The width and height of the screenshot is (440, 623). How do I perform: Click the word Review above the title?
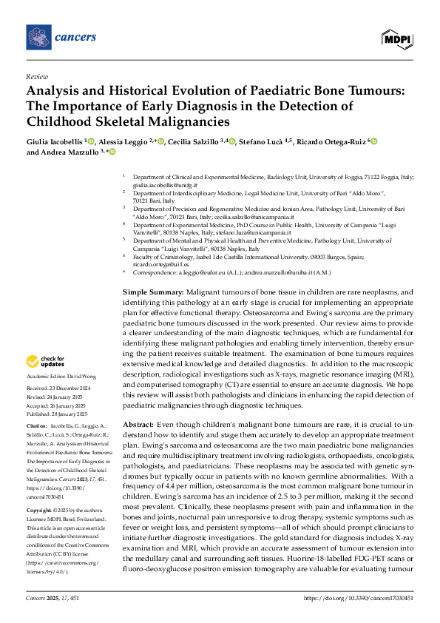click(36, 76)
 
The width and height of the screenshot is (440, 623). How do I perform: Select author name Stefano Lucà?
click(259, 141)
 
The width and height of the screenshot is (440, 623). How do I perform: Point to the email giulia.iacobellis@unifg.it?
click(158, 185)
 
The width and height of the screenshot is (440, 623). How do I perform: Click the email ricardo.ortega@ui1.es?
click(157, 263)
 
